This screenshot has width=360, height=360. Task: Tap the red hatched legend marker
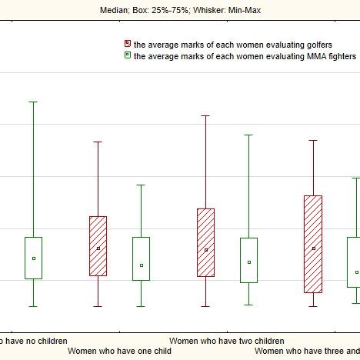[128, 45]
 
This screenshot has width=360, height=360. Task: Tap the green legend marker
[128, 56]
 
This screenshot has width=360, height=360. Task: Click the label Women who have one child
[119, 351]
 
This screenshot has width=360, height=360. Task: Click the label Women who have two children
[226, 340]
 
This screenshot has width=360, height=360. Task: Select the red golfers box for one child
[98, 245]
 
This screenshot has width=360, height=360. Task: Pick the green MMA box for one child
[141, 258]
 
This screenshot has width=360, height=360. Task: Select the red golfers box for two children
[205, 242]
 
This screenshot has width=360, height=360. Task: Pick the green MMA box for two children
[248, 260]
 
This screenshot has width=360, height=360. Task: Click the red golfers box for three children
[313, 244]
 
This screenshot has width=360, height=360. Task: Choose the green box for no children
[33, 258]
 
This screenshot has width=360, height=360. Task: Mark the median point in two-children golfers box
[205, 250]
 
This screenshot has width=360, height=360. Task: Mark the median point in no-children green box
[33, 258]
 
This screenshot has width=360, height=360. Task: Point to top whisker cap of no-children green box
[33, 102]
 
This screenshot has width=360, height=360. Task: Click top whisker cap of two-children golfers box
[205, 115]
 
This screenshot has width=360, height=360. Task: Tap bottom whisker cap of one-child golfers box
[98, 306]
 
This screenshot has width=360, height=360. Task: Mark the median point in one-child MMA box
[141, 265]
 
